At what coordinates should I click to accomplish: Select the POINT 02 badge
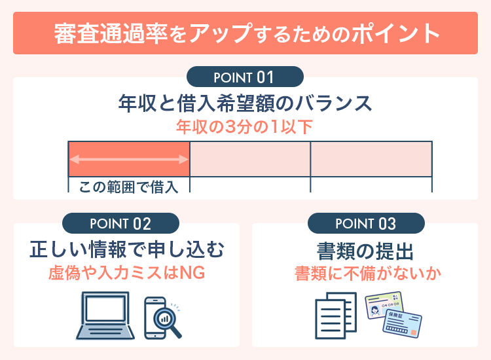(122, 224)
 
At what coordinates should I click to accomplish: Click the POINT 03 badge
(366, 224)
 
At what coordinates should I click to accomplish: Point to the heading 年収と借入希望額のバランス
(245, 104)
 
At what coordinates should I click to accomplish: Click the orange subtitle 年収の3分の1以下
(245, 127)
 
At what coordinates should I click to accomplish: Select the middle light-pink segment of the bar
(250, 159)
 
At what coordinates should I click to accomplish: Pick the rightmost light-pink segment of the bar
(371, 159)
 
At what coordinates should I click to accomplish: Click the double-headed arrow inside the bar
(129, 159)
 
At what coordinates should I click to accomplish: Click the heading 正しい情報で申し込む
(127, 249)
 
